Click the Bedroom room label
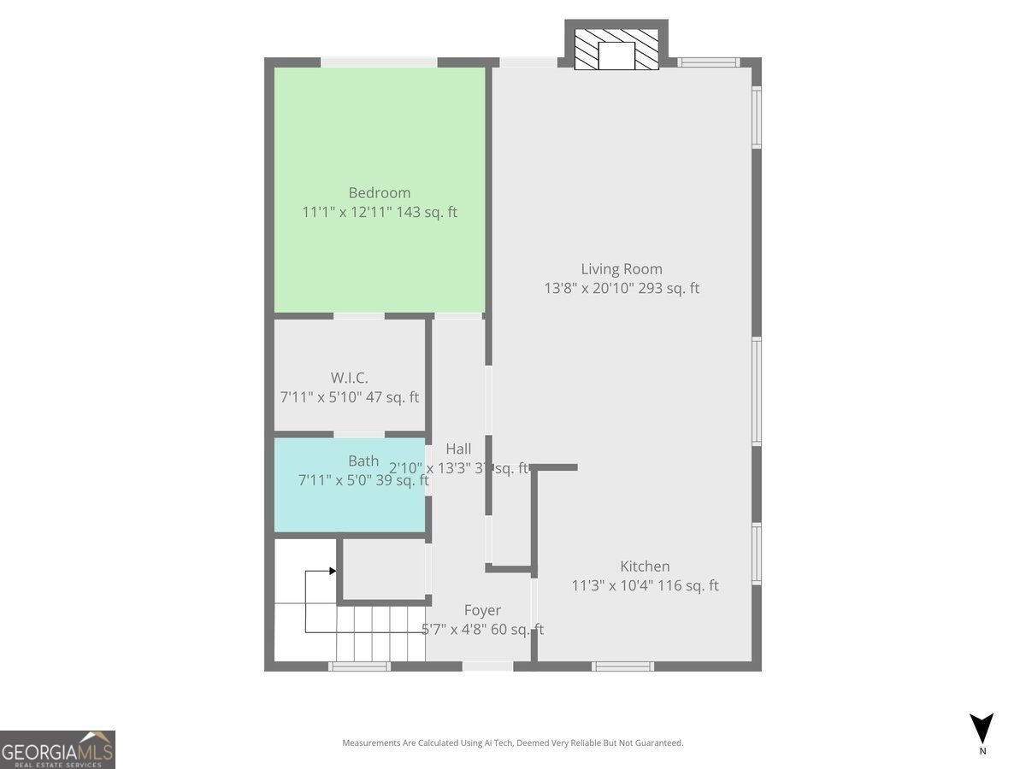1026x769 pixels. click(x=379, y=193)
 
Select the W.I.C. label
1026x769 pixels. click(x=349, y=378)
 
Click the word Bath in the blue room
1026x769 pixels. click(x=363, y=461)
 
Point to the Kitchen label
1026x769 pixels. click(x=645, y=566)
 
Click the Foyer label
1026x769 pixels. click(x=482, y=611)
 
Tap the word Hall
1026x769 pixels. click(x=458, y=449)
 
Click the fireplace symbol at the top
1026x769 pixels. click(x=616, y=50)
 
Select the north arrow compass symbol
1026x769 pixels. click(x=982, y=729)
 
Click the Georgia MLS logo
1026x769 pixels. click(x=57, y=749)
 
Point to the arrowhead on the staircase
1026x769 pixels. click(x=332, y=571)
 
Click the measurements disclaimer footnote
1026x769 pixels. click(x=513, y=743)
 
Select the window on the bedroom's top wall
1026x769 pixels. click(x=379, y=62)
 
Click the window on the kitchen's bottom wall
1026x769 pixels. click(x=623, y=666)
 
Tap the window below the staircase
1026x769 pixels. click(x=360, y=666)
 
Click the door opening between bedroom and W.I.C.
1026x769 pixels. click(x=358, y=316)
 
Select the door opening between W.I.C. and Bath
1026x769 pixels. click(x=358, y=434)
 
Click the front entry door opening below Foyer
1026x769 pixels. click(x=487, y=666)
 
